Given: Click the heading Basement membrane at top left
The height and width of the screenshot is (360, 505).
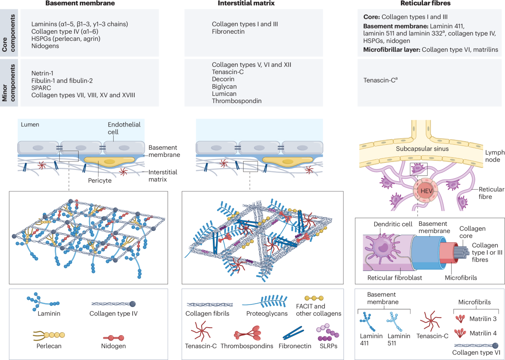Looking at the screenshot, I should (87, 3).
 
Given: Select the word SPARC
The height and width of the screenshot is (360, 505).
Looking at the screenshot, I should (42, 87).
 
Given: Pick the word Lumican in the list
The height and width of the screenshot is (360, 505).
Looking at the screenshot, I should (224, 94).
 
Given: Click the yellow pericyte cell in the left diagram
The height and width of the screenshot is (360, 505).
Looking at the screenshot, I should (103, 161).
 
